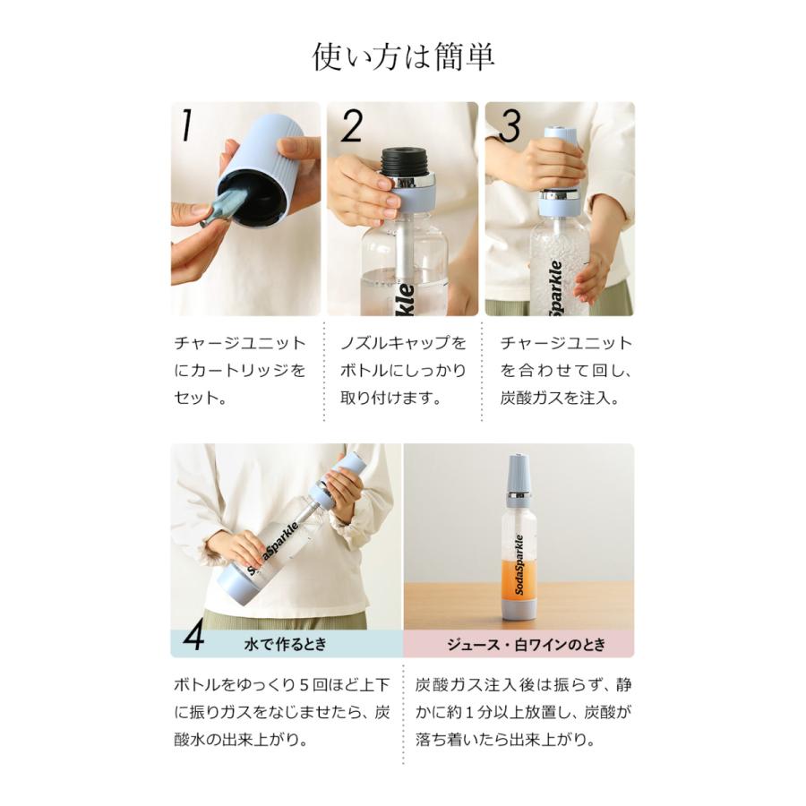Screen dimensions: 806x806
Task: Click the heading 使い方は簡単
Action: click(403, 56)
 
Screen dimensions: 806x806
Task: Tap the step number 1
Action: click(186, 125)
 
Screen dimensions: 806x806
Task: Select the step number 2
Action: click(352, 125)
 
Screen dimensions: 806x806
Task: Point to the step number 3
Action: click(510, 125)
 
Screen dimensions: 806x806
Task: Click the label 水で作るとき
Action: click(286, 645)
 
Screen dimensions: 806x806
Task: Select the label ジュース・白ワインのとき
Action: click(526, 645)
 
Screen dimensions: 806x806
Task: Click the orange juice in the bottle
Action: click(519, 579)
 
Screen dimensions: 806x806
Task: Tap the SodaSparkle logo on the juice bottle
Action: click(519, 565)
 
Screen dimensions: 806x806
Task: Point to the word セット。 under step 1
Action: click(201, 398)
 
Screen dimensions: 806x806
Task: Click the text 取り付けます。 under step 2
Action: click(390, 398)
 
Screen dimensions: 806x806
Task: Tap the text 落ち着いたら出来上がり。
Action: click(506, 740)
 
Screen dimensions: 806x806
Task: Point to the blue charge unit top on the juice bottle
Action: click(519, 473)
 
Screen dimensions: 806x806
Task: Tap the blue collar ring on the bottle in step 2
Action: click(411, 199)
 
